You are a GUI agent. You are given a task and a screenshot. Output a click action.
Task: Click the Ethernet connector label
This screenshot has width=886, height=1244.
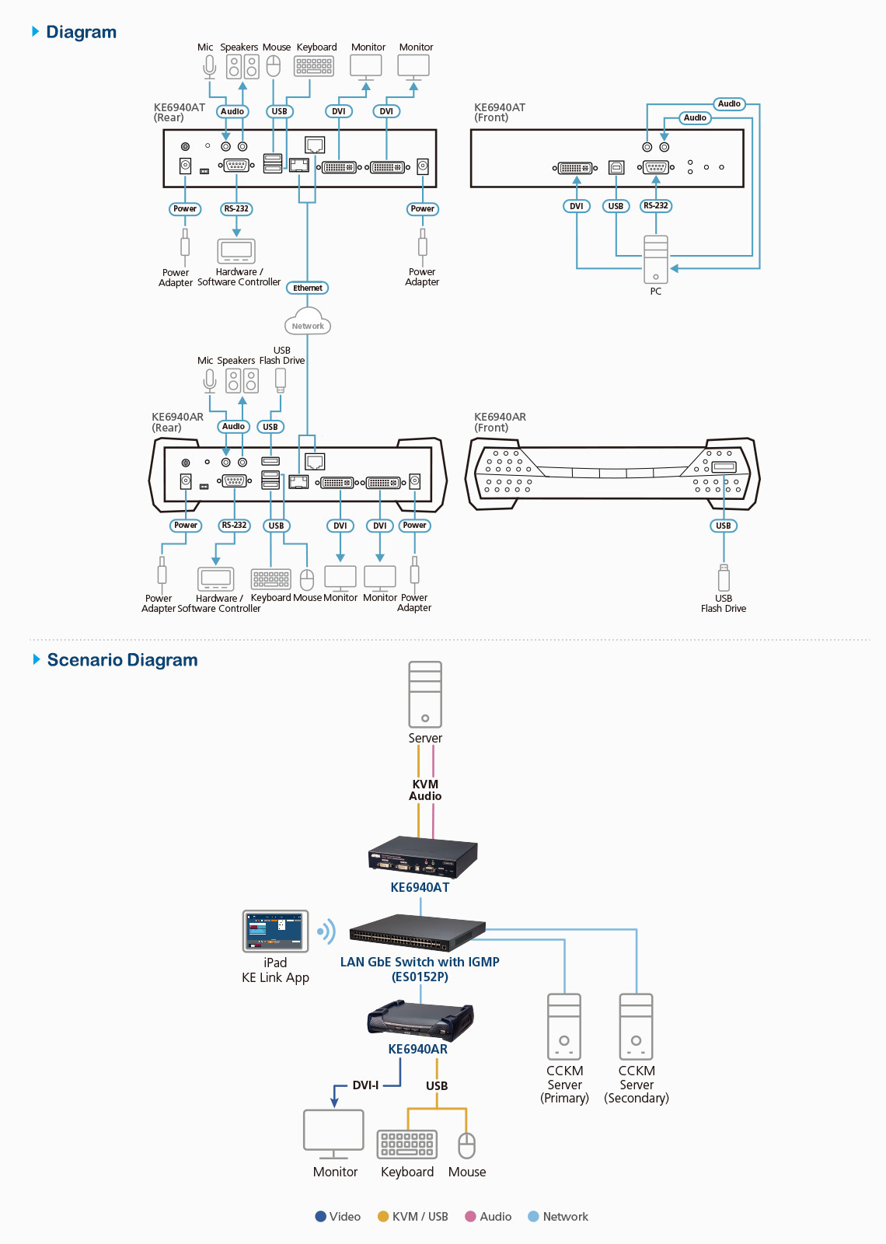tap(308, 288)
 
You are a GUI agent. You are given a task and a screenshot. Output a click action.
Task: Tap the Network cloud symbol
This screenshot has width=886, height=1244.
tap(308, 324)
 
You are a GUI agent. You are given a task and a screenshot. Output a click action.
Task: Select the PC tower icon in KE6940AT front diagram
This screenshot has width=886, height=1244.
tap(656, 260)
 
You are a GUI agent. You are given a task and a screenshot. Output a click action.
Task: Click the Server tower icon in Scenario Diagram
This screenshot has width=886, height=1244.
tap(425, 694)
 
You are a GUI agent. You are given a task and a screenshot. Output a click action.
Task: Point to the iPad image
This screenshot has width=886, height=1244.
tap(275, 931)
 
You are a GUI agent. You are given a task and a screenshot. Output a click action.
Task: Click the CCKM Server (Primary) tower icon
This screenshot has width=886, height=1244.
tap(564, 1026)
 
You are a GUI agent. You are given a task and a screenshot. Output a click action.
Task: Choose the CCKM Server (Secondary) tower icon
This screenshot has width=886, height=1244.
tap(636, 1026)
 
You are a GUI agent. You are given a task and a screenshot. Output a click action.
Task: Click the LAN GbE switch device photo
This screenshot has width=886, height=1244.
tap(417, 932)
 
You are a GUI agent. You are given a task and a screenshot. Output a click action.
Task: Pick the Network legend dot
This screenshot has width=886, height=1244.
tap(533, 1217)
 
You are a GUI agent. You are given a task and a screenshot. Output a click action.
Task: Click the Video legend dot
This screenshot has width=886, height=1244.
tap(320, 1217)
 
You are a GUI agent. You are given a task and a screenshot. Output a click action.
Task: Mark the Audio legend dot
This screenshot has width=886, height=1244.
tap(470, 1217)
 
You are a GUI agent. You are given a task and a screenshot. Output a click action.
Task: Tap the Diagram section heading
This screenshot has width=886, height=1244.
tap(81, 32)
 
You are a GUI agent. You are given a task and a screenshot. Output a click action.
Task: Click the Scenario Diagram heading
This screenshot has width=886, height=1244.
tap(122, 660)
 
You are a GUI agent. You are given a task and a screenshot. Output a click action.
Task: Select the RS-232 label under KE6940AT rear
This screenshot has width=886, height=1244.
tap(236, 209)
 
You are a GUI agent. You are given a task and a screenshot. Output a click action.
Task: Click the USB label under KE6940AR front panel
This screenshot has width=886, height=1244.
tap(724, 526)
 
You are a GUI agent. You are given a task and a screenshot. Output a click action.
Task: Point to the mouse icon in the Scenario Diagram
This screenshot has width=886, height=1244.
tap(466, 1145)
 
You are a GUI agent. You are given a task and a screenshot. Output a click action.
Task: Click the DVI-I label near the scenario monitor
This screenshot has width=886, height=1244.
tap(365, 1085)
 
